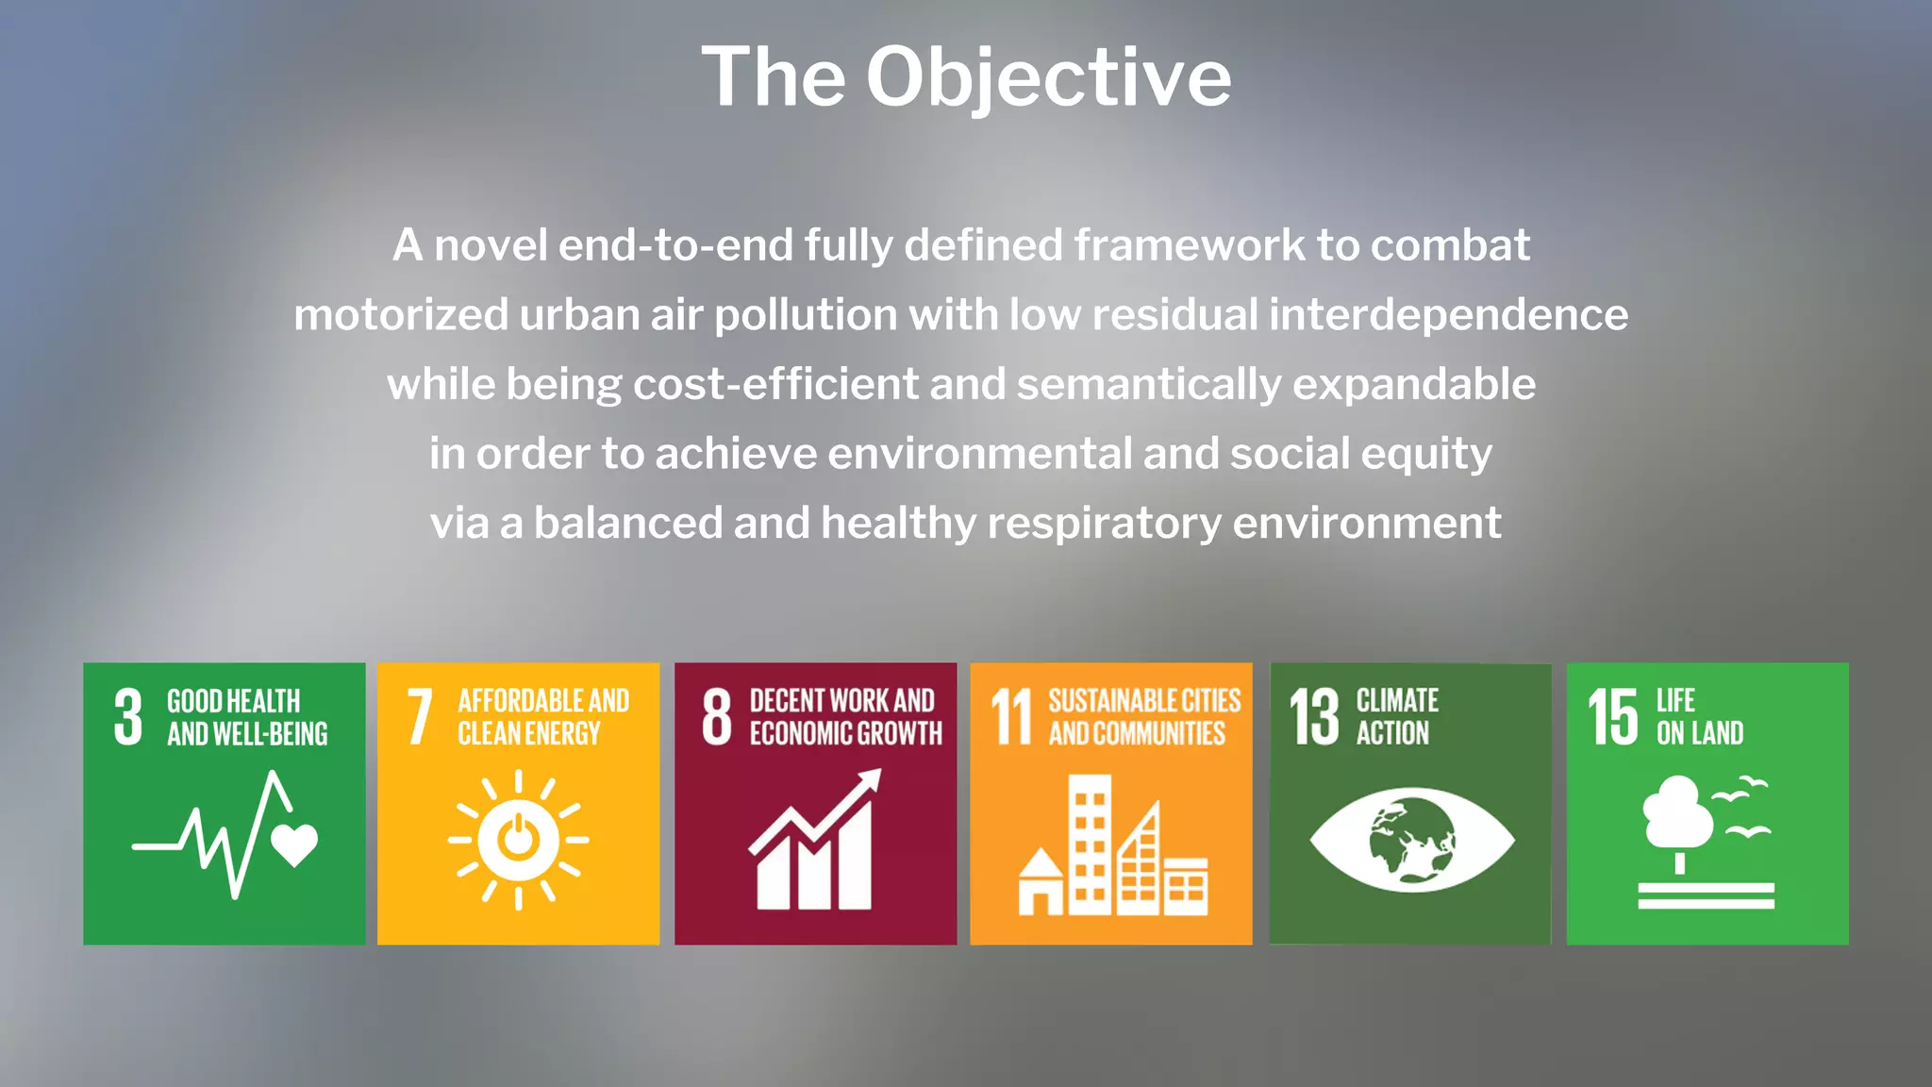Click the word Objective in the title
[x=1048, y=77]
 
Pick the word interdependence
[x=1448, y=315]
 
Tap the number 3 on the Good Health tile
[x=128, y=717]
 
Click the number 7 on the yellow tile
[x=420, y=717]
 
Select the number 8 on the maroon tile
[x=717, y=717]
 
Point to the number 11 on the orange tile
[x=1011, y=717]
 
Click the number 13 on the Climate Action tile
[x=1314, y=717]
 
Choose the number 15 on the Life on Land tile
[x=1612, y=717]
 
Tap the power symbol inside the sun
[x=518, y=839]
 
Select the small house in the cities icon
[x=1041, y=883]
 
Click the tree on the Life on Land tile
[x=1678, y=816]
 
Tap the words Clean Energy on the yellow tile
[x=528, y=734]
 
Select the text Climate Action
[x=1396, y=717]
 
